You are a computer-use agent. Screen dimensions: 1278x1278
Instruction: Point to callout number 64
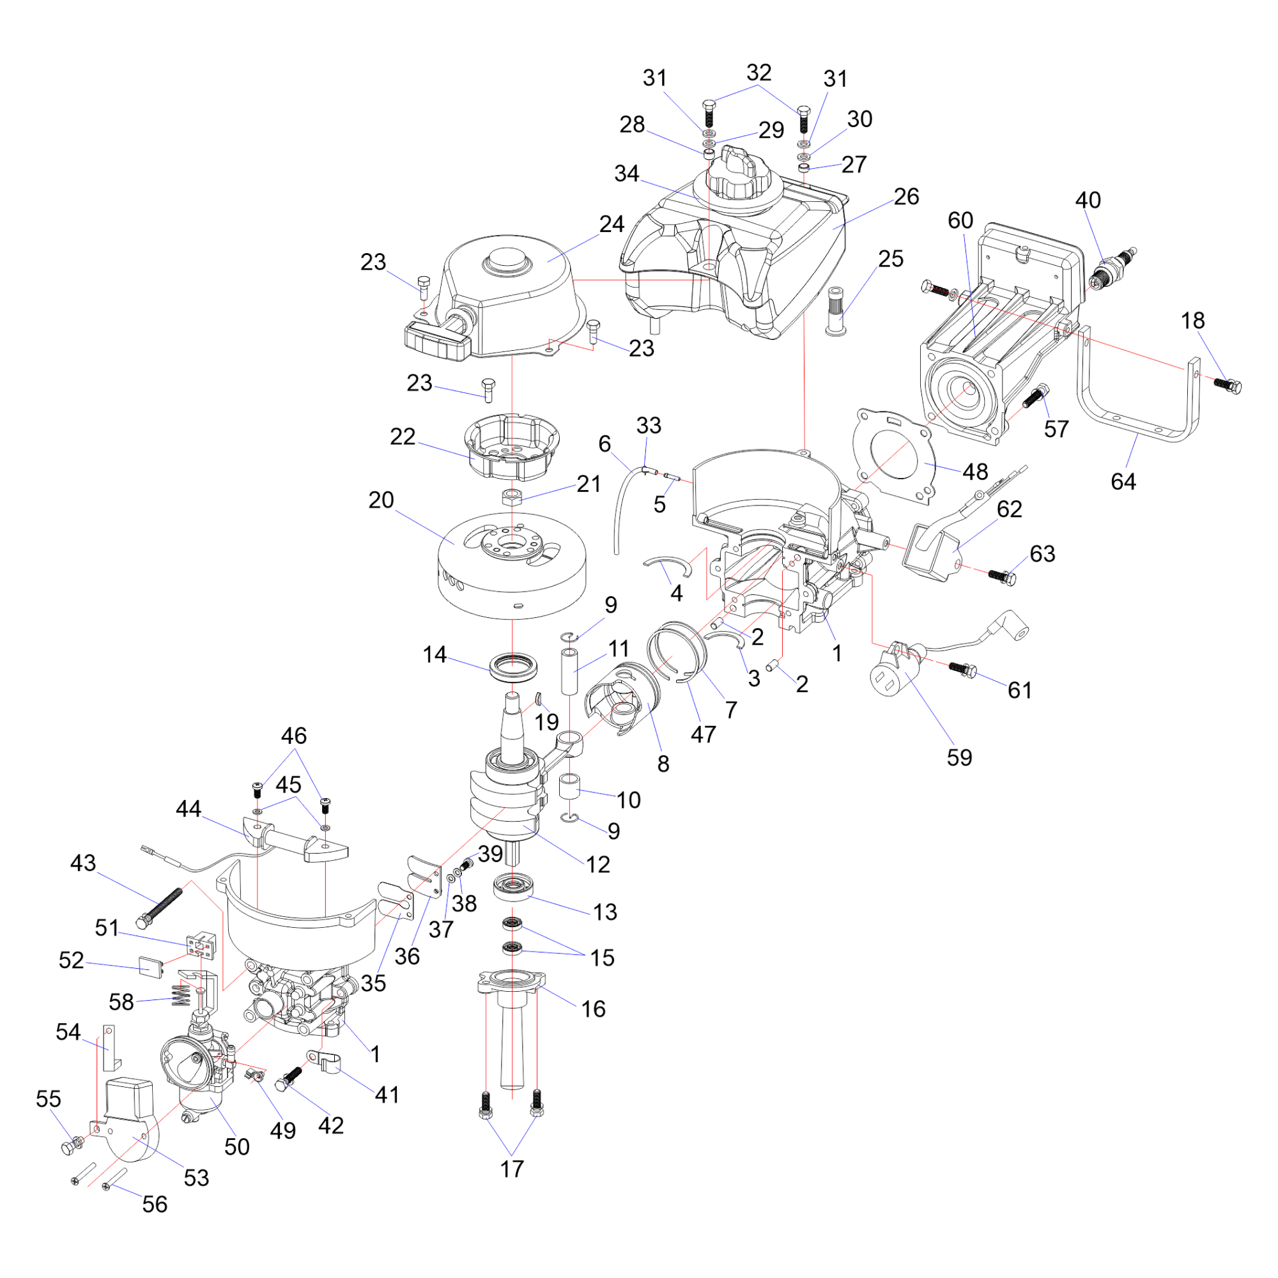[x=1123, y=482]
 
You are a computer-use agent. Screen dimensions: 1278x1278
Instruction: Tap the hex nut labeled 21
[x=512, y=497]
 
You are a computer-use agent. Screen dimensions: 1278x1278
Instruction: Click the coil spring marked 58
[x=181, y=994]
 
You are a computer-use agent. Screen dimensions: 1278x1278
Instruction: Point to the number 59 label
[x=959, y=757]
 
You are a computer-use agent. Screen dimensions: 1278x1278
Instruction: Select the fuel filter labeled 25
[x=838, y=311]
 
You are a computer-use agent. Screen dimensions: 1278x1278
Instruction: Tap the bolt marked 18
[x=1228, y=385]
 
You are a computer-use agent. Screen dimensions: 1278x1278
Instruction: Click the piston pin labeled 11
[x=569, y=672]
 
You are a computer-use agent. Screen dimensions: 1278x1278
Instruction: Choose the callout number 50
[x=237, y=1146]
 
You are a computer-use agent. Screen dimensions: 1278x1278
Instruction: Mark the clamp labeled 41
[x=324, y=1061]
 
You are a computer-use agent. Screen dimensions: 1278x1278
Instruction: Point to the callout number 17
[x=512, y=1169]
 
